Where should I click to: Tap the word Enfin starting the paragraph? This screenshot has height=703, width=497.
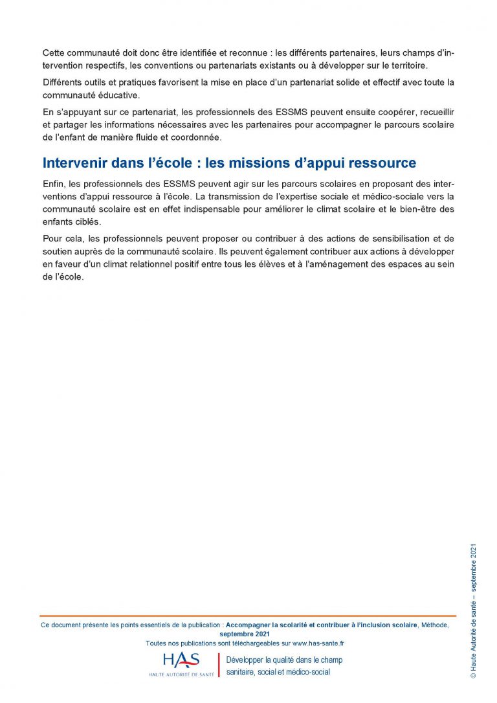coord(54,183)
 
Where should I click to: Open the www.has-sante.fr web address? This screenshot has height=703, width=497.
coord(318,643)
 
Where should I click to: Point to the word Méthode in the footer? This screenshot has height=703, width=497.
coord(434,625)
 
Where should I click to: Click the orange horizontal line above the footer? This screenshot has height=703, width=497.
coord(248,616)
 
